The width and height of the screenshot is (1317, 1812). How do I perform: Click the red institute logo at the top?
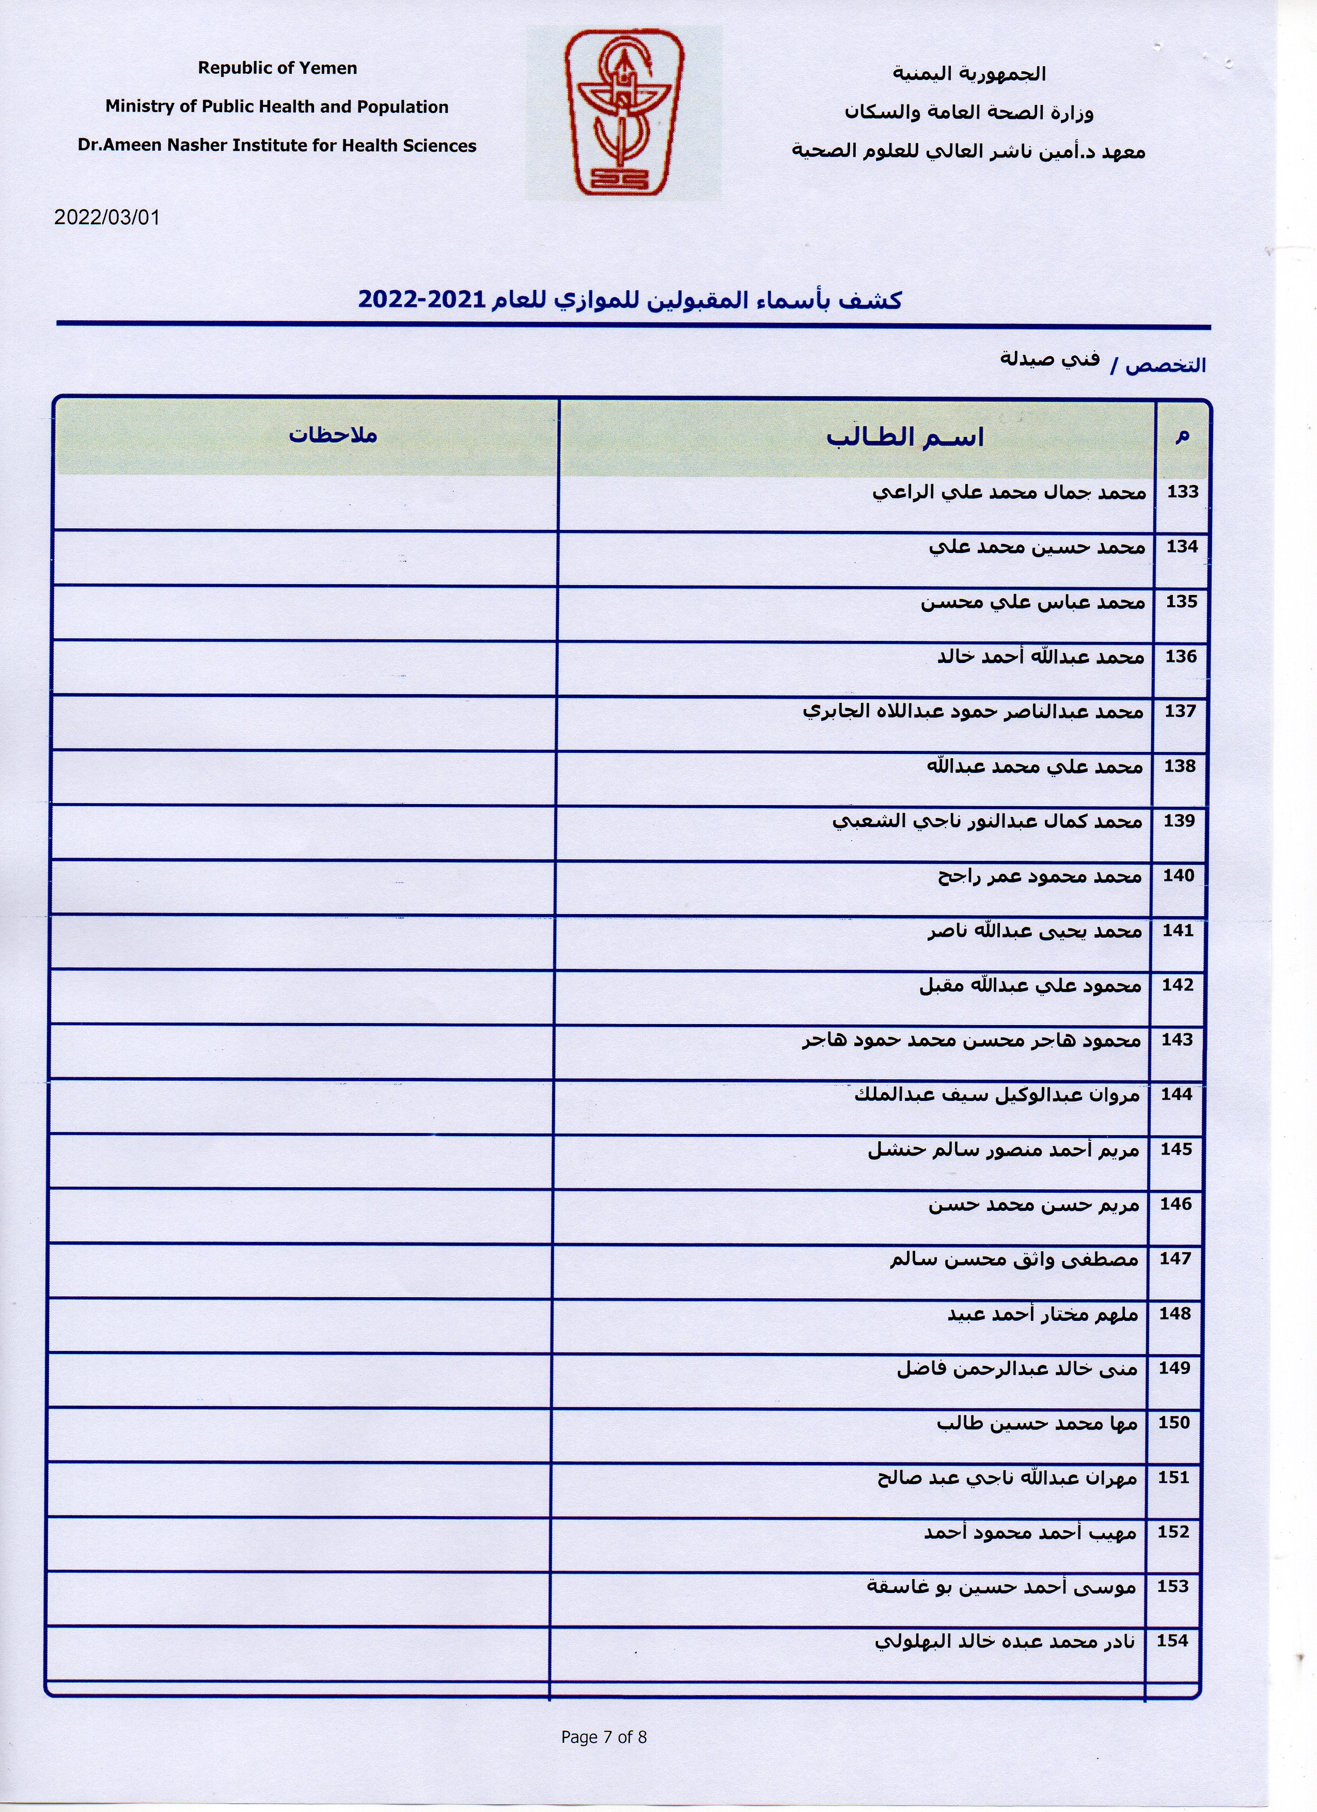624,112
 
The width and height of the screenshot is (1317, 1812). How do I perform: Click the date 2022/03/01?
107,217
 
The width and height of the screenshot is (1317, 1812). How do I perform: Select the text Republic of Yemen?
277,68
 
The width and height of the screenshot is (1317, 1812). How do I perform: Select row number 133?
1182,492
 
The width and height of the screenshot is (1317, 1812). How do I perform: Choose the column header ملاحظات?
333,435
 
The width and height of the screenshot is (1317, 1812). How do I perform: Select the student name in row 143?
971,1040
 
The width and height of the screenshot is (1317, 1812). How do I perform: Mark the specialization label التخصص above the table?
1165,365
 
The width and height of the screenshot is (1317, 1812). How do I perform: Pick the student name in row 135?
1032,602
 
